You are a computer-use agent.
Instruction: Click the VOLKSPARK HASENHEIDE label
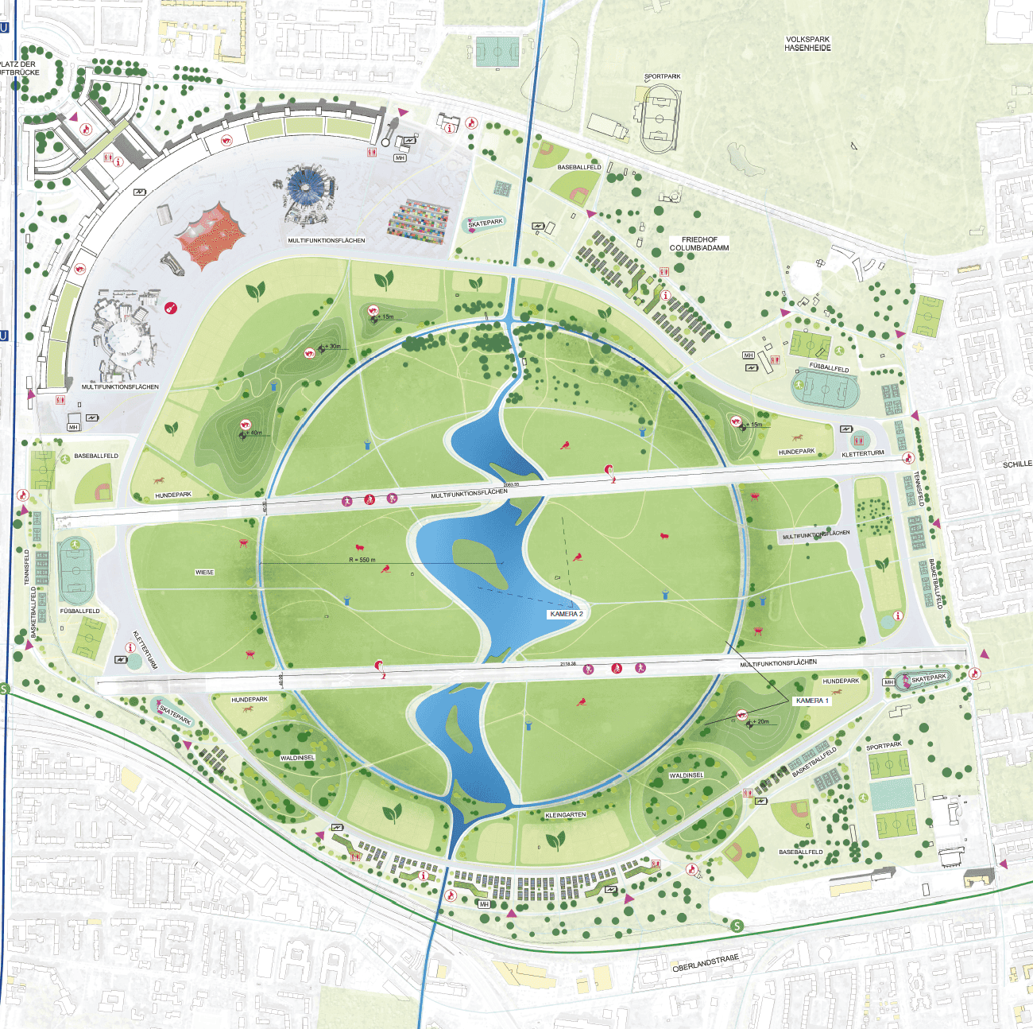[x=807, y=44]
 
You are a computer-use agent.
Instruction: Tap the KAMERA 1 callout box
[x=812, y=701]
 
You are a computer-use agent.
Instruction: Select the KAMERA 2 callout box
[x=567, y=614]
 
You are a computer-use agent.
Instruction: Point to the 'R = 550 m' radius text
[x=362, y=560]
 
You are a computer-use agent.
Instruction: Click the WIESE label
[x=204, y=573]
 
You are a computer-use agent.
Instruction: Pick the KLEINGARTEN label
[x=566, y=815]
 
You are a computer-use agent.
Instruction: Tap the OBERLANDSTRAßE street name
[x=705, y=963]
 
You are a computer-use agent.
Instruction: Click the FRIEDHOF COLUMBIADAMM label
[x=698, y=243]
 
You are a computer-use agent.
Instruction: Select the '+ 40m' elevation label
[x=254, y=433]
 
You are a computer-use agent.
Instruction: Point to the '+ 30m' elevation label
[x=331, y=347]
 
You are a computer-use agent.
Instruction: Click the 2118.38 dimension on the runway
[x=567, y=663]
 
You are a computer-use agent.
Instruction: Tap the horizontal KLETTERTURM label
[x=862, y=453]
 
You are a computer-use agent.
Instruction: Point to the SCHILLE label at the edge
[x=1017, y=464]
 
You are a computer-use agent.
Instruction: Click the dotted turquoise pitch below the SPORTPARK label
[x=892, y=794]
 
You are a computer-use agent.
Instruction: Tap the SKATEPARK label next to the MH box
[x=928, y=678]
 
